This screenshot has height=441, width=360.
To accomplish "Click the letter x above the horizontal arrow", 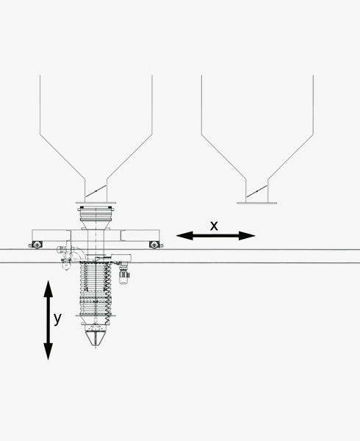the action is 214,226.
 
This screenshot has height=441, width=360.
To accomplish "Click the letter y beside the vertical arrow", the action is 57,319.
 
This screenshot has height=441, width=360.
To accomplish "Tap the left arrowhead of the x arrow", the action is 184,236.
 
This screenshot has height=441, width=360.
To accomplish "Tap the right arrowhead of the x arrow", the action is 247,236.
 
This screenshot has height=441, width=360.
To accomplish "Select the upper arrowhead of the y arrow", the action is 48,289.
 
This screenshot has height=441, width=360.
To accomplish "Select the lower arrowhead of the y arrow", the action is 48,351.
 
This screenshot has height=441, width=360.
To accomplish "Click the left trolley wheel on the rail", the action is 37,245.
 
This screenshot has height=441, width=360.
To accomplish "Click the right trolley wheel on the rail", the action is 154,245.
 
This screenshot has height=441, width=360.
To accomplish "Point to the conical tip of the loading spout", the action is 96,338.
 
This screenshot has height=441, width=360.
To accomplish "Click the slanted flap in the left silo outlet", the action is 96,190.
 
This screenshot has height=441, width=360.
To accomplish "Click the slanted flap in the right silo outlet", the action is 257,191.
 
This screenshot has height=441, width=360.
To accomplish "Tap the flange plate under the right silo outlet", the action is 257,203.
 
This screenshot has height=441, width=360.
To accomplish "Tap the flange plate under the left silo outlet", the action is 96,203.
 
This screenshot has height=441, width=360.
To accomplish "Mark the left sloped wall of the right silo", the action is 223,157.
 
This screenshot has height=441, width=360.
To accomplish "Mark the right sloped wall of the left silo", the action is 129,157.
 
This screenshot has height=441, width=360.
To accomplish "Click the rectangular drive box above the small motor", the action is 121,258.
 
